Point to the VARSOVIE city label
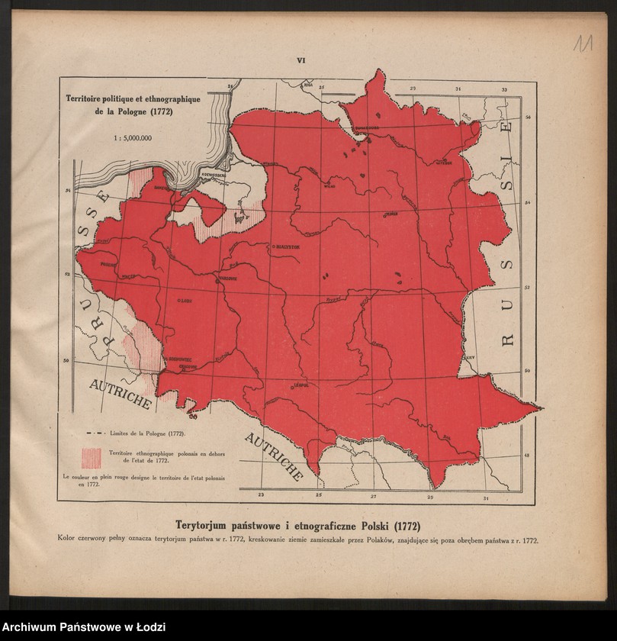[x=228, y=279]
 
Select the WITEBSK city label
[x=443, y=162]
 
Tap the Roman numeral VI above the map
[x=300, y=60]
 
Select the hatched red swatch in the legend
[x=92, y=458]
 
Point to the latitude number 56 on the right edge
[x=528, y=118]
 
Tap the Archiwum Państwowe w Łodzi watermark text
[x=83, y=627]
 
